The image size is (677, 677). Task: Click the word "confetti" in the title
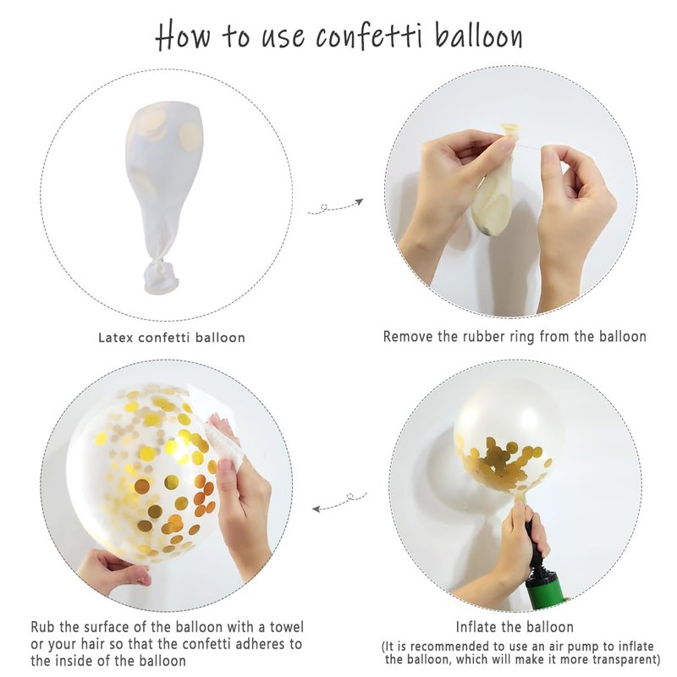pos(369,35)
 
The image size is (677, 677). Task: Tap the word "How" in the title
pos(183,35)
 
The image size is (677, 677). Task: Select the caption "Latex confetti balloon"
pos(172,337)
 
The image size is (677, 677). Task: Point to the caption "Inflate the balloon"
pos(515,626)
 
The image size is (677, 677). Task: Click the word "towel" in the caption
pos(287,626)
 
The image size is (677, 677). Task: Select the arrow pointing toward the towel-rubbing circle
pos(339,502)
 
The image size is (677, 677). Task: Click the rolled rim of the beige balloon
pos(509,129)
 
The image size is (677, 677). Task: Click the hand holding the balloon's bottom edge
pos(114,570)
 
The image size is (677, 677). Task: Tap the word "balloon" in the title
pos(478,35)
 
